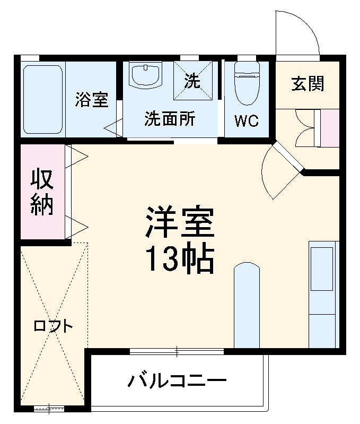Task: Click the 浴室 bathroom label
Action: [x=91, y=99]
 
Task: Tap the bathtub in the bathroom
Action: [x=43, y=98]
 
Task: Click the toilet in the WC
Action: [x=247, y=82]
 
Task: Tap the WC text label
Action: [x=247, y=121]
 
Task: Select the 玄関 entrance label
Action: [x=308, y=83]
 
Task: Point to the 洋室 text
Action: [x=180, y=222]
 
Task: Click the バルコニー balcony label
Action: [x=178, y=380]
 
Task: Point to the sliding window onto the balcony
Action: [x=177, y=351]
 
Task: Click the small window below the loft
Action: [x=48, y=409]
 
